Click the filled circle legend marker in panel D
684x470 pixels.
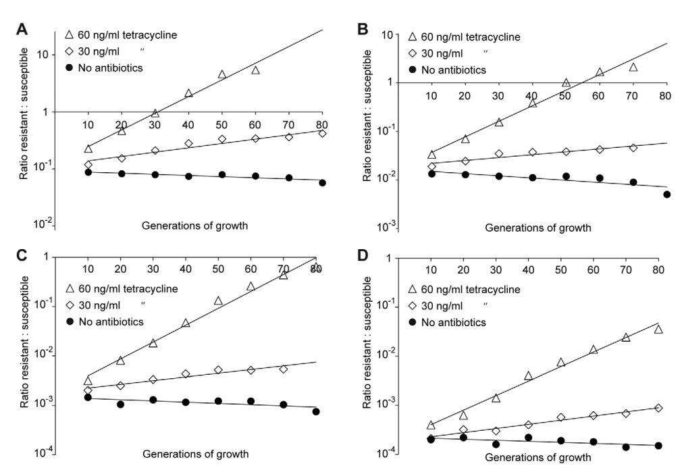[x=412, y=322]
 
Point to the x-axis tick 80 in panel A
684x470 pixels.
[x=322, y=125]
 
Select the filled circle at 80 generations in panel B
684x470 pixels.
[x=667, y=194]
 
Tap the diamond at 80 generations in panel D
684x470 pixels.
[x=658, y=408]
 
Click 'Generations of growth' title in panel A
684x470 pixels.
[x=194, y=225]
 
